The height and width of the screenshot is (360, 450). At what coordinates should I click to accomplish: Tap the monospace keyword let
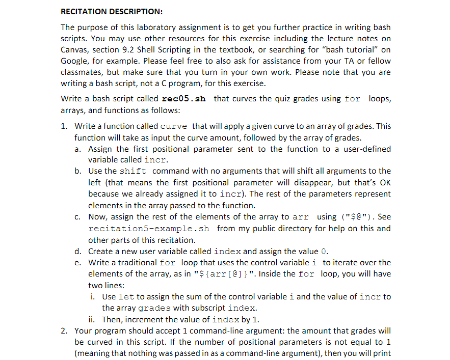coord(126,297)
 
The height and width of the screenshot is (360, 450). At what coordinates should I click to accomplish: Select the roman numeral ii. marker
coord(93,320)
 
